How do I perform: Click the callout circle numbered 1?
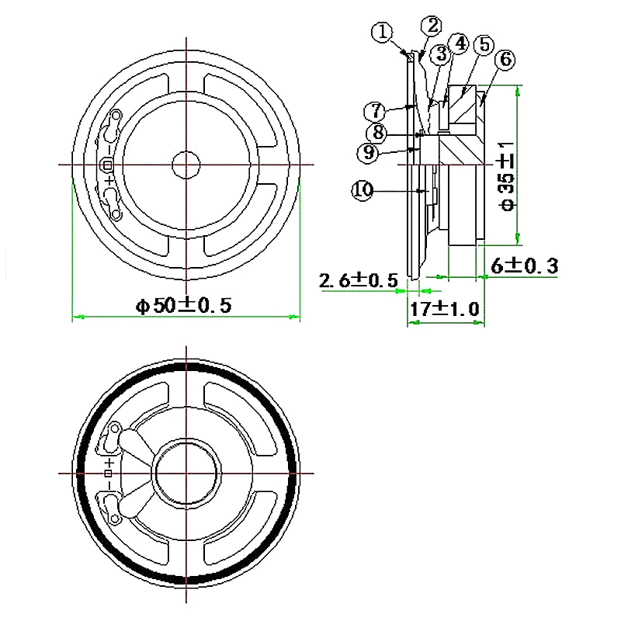click(380, 33)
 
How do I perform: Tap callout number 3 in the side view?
click(440, 54)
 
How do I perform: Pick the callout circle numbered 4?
click(460, 43)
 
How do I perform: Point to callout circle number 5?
click(484, 43)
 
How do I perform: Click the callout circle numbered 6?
click(505, 59)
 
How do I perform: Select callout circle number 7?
click(374, 109)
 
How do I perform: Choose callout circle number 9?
click(368, 152)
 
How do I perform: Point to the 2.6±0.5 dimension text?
click(359, 279)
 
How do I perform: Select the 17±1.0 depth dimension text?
click(446, 308)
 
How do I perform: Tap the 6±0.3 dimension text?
click(525, 265)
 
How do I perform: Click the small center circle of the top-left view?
click(186, 164)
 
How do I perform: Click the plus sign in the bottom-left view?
click(109, 460)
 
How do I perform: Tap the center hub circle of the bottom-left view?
click(186, 473)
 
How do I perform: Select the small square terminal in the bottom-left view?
click(109, 473)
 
